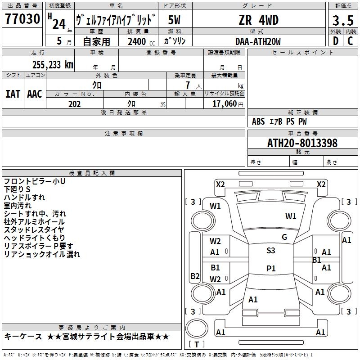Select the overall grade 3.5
[343, 21]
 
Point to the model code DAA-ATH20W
[258, 41]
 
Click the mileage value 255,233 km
[53, 64]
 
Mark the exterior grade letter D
[335, 41]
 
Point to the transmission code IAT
[13, 94]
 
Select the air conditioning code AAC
[35, 94]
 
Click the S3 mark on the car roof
[270, 251]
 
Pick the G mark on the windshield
[284, 237]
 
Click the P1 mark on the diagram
[270, 269]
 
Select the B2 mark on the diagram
[195, 276]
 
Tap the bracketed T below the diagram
[196, 344]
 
